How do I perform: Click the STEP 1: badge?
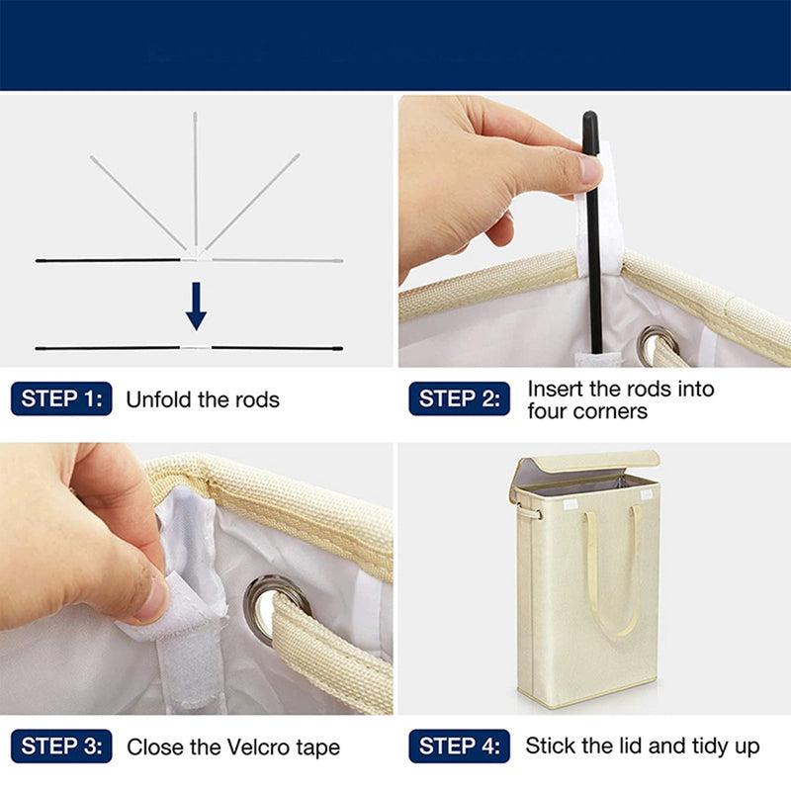click(x=61, y=399)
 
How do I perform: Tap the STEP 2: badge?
click(x=459, y=399)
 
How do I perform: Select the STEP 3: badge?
click(x=61, y=747)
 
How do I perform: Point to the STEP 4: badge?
click(x=459, y=747)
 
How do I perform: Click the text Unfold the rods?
click(x=203, y=400)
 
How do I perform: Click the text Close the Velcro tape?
click(x=233, y=747)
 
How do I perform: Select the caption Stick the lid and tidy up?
click(x=643, y=746)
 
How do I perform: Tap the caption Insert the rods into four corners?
click(x=620, y=399)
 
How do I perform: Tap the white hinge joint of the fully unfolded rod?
click(x=196, y=348)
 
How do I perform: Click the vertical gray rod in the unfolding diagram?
click(x=195, y=178)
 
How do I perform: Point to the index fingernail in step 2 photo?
click(x=589, y=171)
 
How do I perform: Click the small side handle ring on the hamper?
click(x=529, y=512)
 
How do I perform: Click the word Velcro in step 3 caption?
click(x=260, y=747)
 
